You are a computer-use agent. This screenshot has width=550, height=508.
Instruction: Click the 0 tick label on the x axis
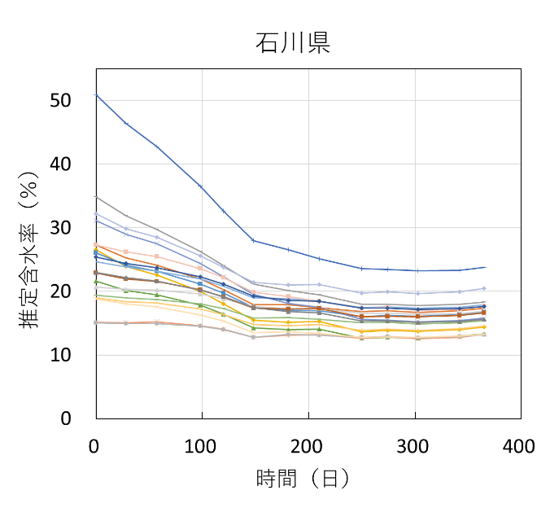[x=96, y=446]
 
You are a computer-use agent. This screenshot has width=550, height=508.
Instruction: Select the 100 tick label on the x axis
[x=202, y=446]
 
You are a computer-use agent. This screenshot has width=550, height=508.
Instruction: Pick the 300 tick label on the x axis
[x=414, y=446]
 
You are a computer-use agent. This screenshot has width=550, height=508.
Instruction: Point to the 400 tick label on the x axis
[x=519, y=446]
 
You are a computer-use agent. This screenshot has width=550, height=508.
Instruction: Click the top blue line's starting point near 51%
[x=97, y=95]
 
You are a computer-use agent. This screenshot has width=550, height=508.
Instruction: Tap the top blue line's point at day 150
[x=254, y=240]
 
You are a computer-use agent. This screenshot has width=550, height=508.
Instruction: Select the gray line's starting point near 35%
[x=97, y=196]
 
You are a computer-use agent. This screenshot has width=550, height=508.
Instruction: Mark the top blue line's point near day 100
[x=200, y=186]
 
